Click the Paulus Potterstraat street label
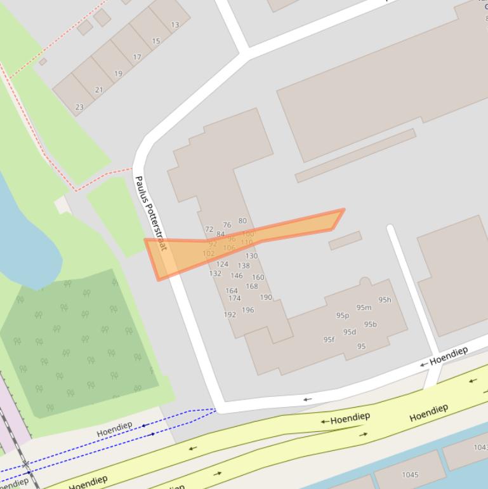coord(150,213)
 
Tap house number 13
coord(175,25)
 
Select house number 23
coord(79,107)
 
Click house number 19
coord(118,74)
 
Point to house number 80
coord(242,221)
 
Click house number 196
coord(247,311)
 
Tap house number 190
coord(266,297)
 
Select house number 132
coord(215,274)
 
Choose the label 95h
coord(385,300)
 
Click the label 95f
coord(329,340)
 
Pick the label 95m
coord(364,308)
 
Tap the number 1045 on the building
coord(410,474)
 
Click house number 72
coord(209,229)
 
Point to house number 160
coord(258,278)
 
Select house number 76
coord(227,225)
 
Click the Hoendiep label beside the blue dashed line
coord(114,429)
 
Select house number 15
coord(155,41)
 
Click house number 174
coord(234,298)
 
